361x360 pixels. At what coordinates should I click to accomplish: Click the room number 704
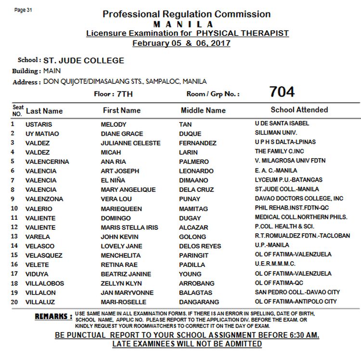(282, 92)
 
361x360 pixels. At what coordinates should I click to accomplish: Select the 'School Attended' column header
(299, 110)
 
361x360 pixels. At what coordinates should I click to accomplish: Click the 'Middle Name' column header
(203, 110)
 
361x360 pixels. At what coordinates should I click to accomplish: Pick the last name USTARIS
(39, 124)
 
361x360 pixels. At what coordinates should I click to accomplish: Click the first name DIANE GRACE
(122, 133)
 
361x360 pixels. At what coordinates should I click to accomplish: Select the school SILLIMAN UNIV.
(276, 133)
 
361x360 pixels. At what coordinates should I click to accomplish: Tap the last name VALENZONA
(44, 199)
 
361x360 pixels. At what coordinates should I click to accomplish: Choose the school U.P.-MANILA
(272, 245)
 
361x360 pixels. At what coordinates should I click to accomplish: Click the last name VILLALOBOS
(44, 283)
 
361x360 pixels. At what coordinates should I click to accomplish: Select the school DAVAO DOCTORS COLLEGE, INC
(299, 199)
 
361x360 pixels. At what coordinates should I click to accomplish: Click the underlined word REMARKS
(53, 317)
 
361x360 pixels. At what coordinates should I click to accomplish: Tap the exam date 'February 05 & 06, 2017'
(181, 43)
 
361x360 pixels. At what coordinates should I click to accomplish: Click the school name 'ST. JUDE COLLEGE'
(84, 61)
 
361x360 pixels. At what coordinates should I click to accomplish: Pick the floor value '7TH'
(123, 94)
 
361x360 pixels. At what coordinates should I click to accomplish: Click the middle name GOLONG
(193, 237)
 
